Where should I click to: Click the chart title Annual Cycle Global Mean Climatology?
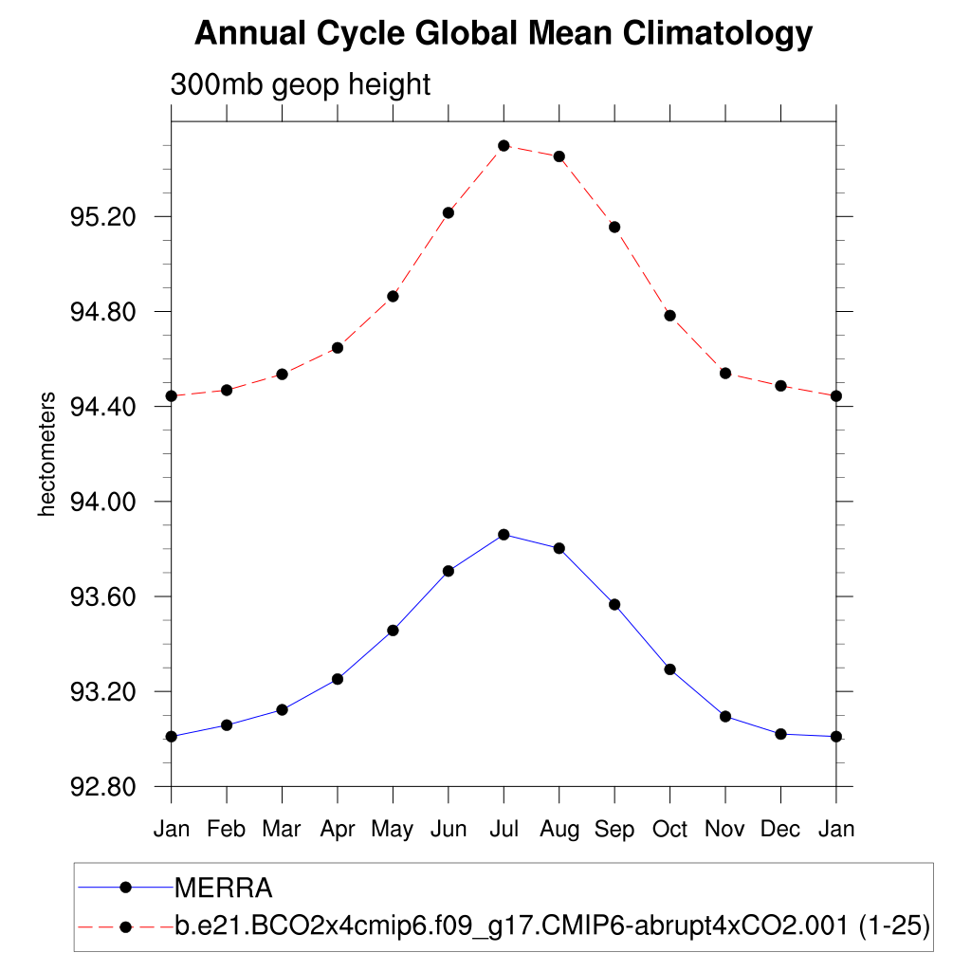point(504,34)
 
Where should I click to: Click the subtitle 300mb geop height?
point(300,84)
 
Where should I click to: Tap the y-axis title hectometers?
point(47,454)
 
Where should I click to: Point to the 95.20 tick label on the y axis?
point(103,217)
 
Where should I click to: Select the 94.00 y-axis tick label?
point(103,502)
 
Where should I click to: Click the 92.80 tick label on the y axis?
point(103,787)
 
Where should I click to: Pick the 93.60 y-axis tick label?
point(103,596)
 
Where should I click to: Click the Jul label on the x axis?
point(504,829)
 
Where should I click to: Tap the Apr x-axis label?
point(337,829)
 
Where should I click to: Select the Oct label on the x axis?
point(669,829)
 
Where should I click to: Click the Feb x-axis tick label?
point(227,829)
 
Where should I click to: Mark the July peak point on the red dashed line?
point(504,145)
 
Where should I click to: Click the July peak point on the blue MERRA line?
point(504,535)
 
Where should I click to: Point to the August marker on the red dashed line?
point(559,156)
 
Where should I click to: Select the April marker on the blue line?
point(337,679)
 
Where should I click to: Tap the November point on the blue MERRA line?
point(725,716)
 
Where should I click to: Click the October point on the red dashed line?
point(669,315)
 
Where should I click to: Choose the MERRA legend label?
point(224,889)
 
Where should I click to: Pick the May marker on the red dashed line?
point(393,296)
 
